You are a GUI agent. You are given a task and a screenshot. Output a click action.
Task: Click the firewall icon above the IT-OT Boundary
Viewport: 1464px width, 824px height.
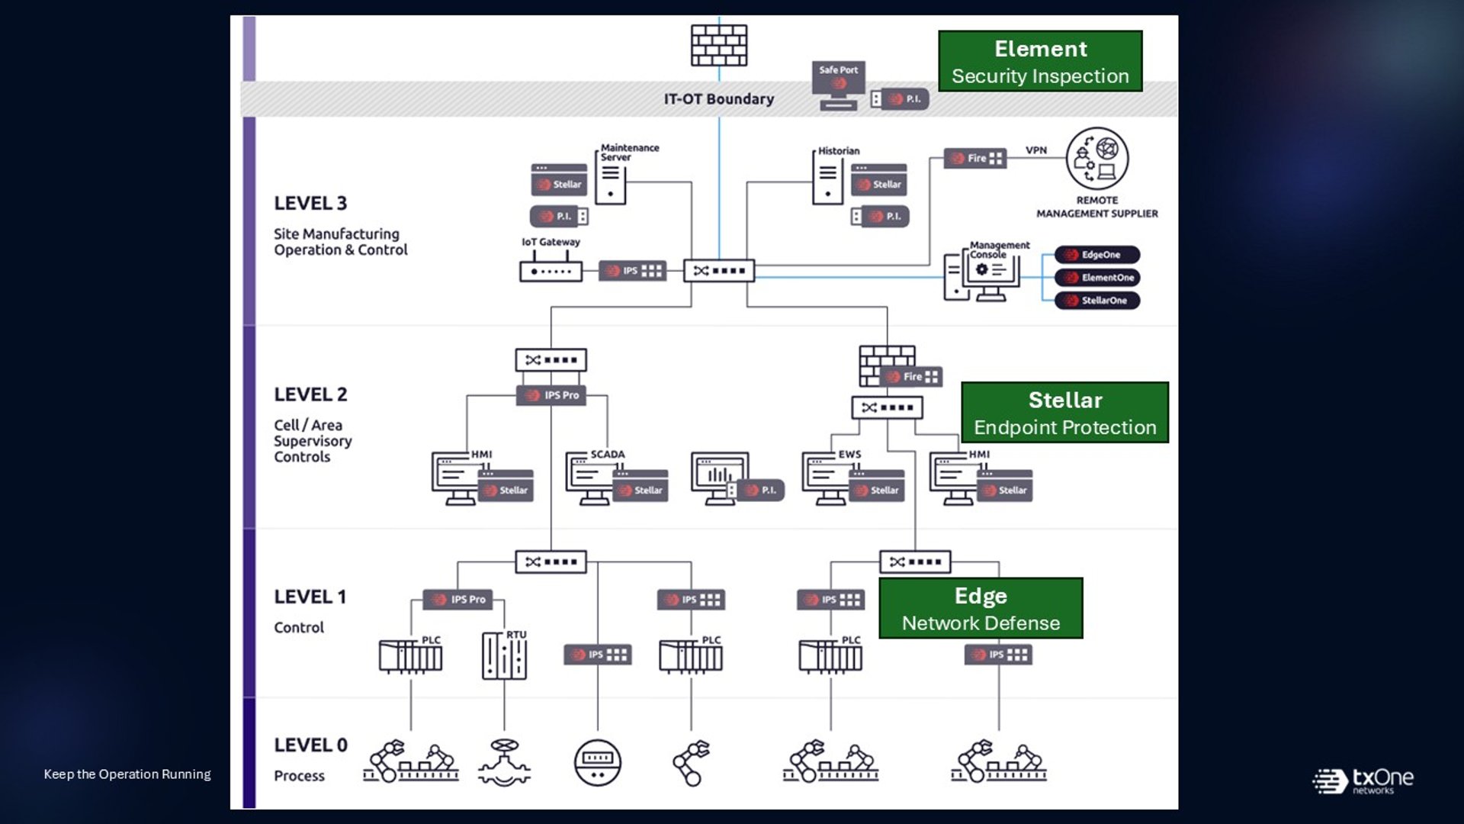[x=719, y=45]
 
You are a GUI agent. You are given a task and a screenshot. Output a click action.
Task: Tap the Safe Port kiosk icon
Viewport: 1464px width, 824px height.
[x=839, y=85]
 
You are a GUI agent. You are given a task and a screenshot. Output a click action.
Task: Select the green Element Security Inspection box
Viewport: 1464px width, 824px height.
[x=1040, y=61]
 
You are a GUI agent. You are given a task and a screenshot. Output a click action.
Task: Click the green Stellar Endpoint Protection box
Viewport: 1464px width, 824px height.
[x=1065, y=413]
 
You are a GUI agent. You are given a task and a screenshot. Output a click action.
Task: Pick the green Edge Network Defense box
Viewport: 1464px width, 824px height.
[x=981, y=608]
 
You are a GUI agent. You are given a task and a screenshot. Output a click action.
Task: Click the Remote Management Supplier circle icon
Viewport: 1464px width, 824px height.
[x=1097, y=159]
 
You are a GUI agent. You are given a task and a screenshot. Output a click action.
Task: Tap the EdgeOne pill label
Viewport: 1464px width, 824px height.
[x=1097, y=255]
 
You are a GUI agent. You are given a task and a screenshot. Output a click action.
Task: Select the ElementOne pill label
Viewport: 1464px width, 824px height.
[x=1097, y=278]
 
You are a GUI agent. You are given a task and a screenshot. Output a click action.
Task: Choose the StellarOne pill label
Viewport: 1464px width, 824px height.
[x=1097, y=301]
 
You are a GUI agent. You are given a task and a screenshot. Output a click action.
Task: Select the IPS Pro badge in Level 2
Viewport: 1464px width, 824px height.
[x=551, y=395]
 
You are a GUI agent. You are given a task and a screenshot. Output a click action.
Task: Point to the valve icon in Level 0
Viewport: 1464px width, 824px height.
[x=504, y=761]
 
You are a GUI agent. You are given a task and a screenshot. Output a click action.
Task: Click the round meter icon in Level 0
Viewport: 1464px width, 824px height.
[x=598, y=762]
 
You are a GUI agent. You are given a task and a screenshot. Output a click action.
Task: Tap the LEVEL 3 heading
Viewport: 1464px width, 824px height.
[x=310, y=204]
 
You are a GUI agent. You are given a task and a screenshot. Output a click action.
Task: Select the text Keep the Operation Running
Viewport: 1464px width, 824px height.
[x=127, y=774]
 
